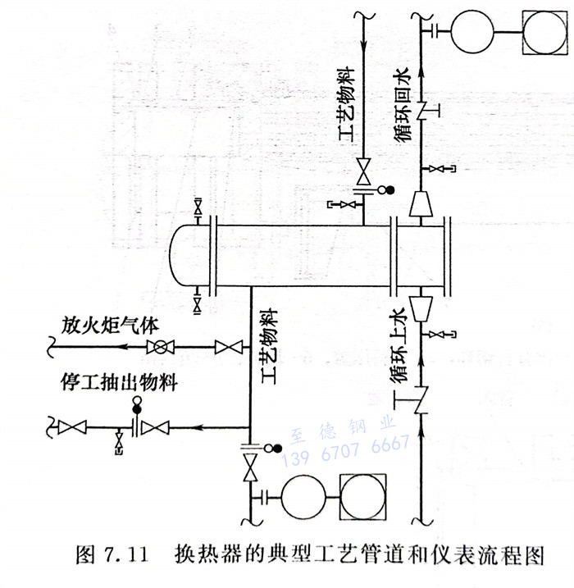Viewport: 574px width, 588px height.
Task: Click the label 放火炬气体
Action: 107,326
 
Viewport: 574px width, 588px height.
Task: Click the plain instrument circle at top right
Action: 470,33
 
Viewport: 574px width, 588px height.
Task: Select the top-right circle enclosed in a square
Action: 545,33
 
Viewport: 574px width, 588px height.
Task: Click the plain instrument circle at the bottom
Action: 304,497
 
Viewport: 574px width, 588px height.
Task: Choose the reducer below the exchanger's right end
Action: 421,307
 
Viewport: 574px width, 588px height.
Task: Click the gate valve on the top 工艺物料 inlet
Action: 362,172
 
